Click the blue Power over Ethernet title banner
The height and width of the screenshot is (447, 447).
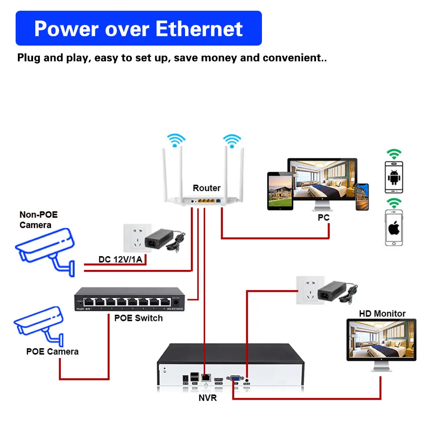pos(139,28)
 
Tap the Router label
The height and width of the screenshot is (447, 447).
pos(207,188)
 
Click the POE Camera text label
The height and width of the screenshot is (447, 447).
pos(52,351)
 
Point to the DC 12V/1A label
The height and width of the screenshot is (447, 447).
pos(123,260)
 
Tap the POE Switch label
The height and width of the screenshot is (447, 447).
pos(139,318)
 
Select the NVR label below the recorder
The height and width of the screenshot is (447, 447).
pos(207,397)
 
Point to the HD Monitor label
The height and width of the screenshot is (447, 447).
pos(382,313)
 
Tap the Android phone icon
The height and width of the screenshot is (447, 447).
pos(394,177)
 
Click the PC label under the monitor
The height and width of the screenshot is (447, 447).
pos(323,218)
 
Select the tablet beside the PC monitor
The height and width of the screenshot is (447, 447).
pos(280,191)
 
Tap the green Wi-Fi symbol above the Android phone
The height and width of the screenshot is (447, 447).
pos(394,154)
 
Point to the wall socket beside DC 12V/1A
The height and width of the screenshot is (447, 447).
pos(134,238)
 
